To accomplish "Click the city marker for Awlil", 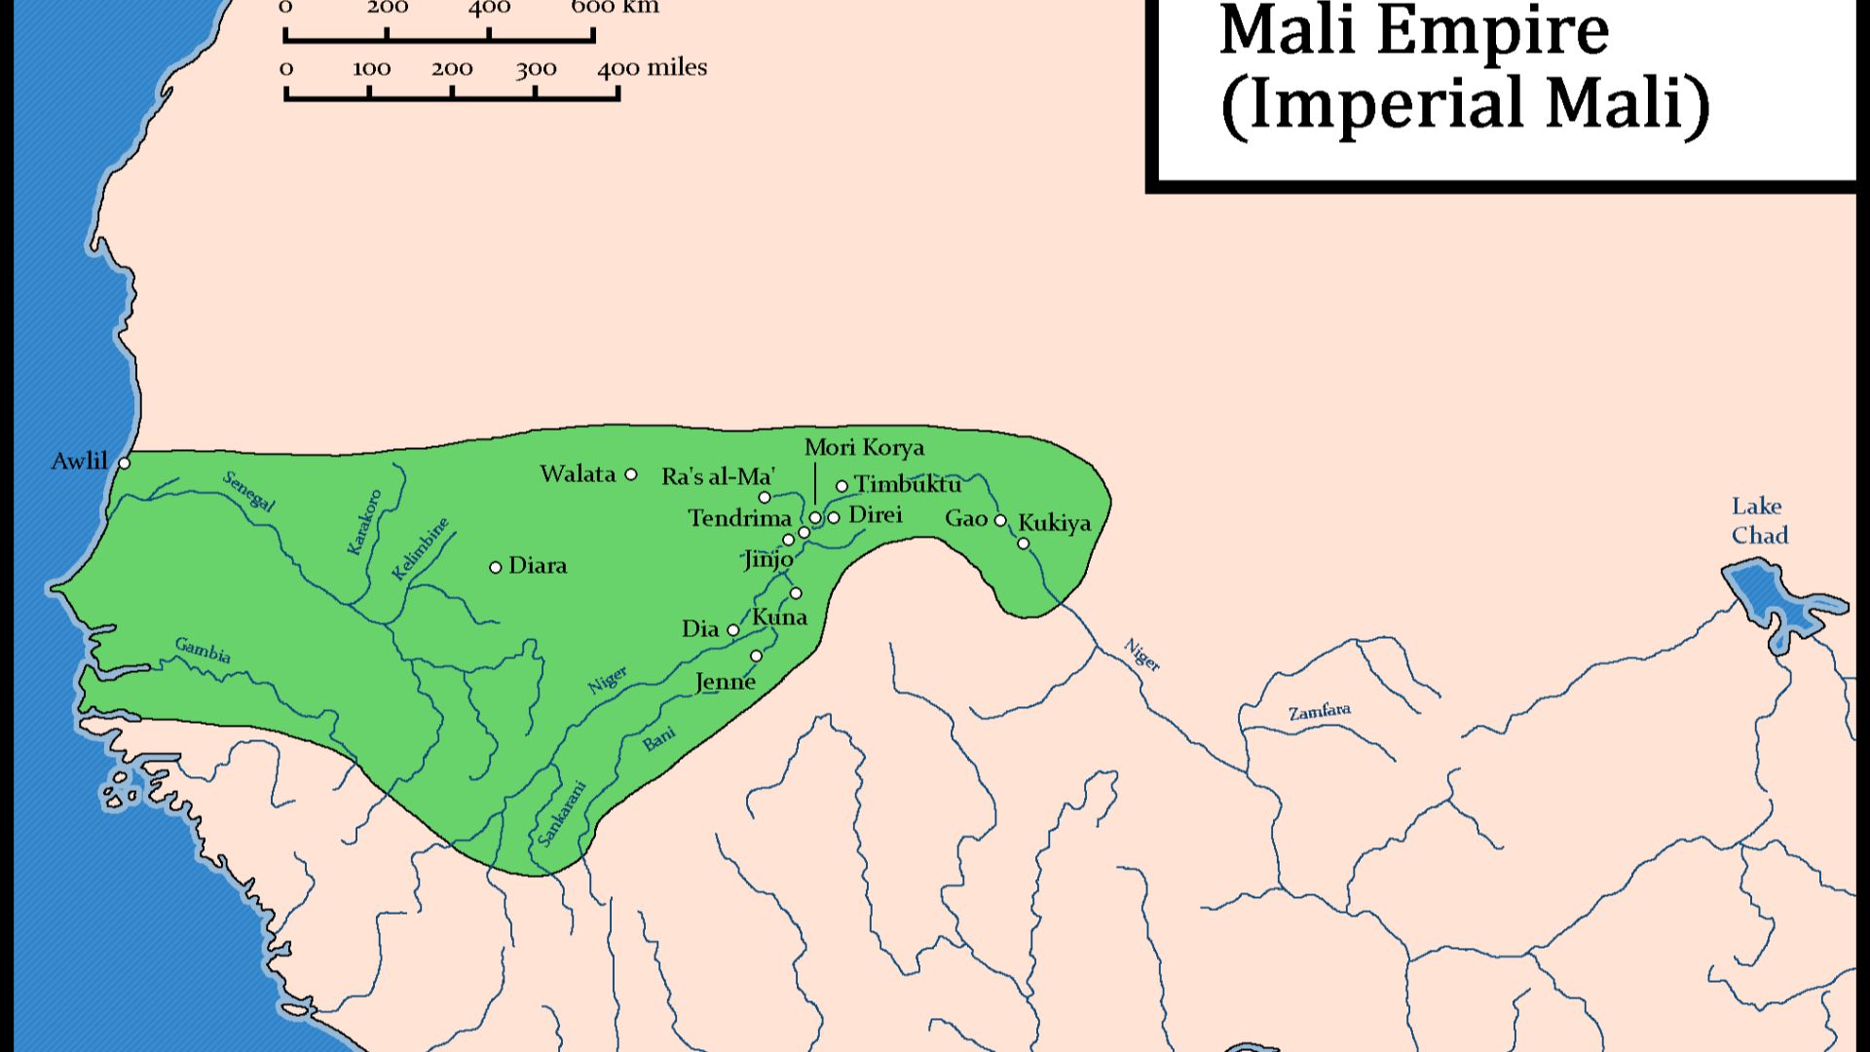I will point(124,463).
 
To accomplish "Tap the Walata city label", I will point(578,474).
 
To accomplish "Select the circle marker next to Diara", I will point(495,567).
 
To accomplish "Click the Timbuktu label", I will point(908,484).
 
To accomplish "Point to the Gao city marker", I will point(1000,520).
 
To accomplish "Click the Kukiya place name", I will point(1055,523).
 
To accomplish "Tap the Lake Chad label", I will point(1759,520).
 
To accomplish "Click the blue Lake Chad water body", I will point(1763,594).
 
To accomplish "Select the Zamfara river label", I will point(1320,712).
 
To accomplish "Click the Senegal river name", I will point(249,491).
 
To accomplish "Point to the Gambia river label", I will point(203,650).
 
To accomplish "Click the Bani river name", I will point(659,739).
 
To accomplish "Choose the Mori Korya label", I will point(864,447).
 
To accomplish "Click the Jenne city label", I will point(726,682).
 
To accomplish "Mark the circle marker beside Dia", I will point(733,630).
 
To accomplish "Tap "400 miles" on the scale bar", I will point(652,68).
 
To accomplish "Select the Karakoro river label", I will point(365,522).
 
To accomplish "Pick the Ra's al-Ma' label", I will point(718,476).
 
